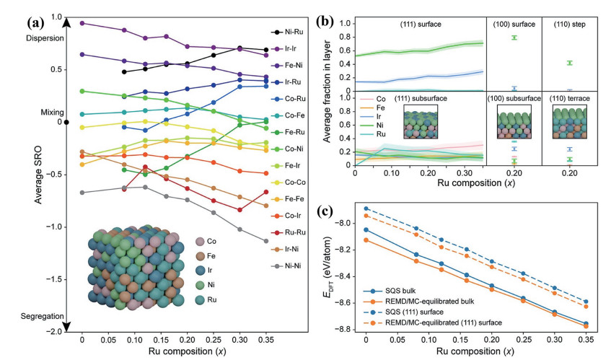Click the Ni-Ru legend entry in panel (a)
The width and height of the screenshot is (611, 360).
(287, 32)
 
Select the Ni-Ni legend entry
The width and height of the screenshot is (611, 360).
(287, 266)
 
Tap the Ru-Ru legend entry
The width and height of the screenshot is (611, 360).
(289, 232)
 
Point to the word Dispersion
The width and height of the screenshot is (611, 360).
(45, 38)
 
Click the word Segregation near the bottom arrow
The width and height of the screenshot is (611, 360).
(42, 316)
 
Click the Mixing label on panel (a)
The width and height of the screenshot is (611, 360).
(52, 113)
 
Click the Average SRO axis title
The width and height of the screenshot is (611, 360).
(38, 175)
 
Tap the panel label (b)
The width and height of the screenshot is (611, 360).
(324, 21)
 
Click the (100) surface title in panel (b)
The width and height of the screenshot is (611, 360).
(514, 24)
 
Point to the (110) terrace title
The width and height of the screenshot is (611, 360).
(569, 99)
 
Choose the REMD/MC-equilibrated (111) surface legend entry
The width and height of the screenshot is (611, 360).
(433, 322)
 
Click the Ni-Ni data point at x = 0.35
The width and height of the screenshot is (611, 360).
(266, 241)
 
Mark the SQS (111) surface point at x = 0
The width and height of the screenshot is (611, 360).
(366, 208)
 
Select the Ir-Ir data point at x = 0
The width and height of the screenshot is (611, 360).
(82, 23)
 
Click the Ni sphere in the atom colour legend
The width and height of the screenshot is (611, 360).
(201, 285)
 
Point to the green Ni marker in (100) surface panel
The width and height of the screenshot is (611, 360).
(514, 38)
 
